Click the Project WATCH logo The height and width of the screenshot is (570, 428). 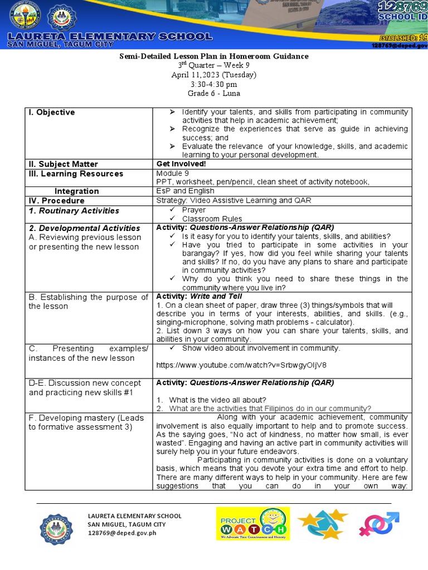click(x=253, y=524)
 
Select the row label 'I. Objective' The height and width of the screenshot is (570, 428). click(x=51, y=112)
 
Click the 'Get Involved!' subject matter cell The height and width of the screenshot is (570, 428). click(x=182, y=164)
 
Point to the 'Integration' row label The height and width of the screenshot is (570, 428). click(x=77, y=191)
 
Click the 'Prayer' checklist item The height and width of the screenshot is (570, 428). click(x=193, y=210)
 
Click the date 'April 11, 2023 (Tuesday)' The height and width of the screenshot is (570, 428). click(x=214, y=75)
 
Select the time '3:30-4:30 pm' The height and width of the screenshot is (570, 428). click(x=214, y=84)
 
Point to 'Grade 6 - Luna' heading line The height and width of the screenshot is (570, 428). click(x=214, y=93)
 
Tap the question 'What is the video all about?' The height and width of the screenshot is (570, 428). click(x=218, y=400)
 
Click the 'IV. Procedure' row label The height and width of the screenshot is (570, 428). click(x=56, y=200)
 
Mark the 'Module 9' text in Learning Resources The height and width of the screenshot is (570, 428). click(x=173, y=173)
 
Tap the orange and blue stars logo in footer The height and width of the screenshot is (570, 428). click(x=323, y=524)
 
